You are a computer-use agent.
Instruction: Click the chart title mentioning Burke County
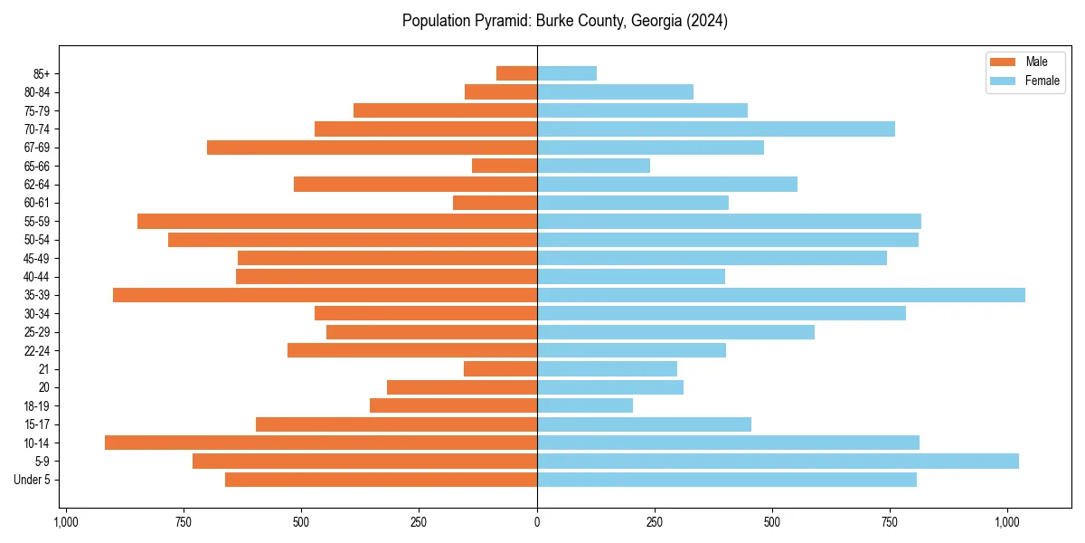tap(564, 21)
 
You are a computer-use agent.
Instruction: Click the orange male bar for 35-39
tap(325, 295)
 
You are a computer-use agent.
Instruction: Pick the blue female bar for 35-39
tap(781, 295)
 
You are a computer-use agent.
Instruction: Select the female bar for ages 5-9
tap(778, 461)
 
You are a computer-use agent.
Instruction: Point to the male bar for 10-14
tap(321, 443)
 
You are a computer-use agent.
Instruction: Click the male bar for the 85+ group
tap(516, 73)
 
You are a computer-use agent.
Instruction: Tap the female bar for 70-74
tap(716, 129)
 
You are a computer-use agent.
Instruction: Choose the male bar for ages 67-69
tap(372, 148)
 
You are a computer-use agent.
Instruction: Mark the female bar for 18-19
tap(585, 405)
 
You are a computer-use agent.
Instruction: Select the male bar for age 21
tap(500, 368)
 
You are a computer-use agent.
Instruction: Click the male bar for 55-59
tap(337, 221)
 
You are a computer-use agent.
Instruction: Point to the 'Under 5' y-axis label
tap(32, 480)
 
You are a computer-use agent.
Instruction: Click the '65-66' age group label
tap(36, 166)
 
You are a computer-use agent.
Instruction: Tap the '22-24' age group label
tap(36, 350)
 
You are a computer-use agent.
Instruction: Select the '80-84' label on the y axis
tap(36, 92)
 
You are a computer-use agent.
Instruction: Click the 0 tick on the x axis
tap(537, 522)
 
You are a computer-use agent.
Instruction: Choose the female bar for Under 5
tap(727, 480)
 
